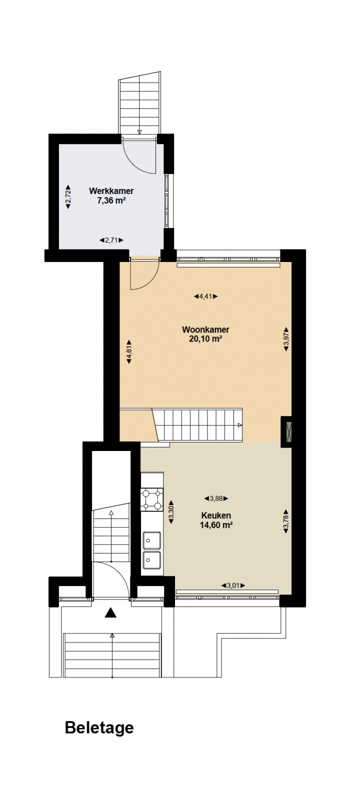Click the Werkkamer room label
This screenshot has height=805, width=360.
(x=111, y=191)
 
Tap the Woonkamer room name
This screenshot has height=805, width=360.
(x=205, y=329)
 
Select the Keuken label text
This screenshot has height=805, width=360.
(x=216, y=515)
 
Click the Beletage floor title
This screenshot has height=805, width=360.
(x=99, y=727)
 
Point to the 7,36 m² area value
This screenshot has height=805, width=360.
(x=111, y=200)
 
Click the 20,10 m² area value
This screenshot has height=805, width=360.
(x=205, y=339)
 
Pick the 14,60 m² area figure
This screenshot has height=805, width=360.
(x=216, y=525)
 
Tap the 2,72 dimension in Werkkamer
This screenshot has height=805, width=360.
(x=68, y=196)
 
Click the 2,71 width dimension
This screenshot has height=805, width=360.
(x=111, y=240)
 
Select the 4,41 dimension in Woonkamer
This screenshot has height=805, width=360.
(x=206, y=296)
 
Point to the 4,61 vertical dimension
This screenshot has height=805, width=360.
(x=129, y=352)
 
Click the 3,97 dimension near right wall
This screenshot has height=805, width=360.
(x=286, y=339)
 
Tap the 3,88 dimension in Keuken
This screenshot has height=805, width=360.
(x=216, y=498)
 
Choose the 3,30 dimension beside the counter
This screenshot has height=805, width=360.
(x=171, y=512)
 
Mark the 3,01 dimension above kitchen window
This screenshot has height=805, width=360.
(x=233, y=585)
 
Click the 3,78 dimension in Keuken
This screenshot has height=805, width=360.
(x=286, y=521)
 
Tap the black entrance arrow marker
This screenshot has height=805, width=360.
(x=110, y=612)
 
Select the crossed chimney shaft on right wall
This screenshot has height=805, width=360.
(x=288, y=431)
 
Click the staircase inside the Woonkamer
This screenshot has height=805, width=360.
(x=197, y=425)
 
